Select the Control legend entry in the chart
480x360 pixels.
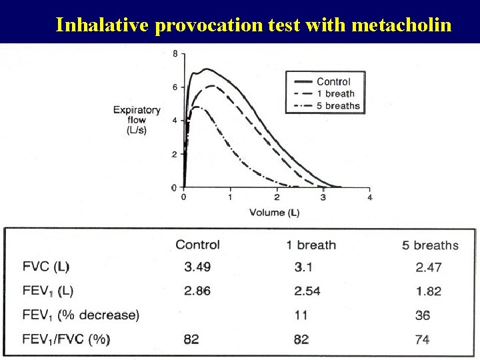333,81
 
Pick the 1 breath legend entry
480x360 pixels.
335,93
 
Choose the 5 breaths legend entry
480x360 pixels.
338,105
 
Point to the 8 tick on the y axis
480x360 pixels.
175,54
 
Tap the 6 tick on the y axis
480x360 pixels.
175,87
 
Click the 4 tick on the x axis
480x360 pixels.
370,197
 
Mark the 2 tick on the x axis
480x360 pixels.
277,197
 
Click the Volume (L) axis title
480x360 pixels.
274,213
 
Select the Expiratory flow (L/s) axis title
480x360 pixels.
137,120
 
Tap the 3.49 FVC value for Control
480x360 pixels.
197,267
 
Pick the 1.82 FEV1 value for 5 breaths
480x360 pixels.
428,291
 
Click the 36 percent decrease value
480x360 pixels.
422,315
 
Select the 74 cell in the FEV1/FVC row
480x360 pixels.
422,339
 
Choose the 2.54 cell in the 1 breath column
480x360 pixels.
308,291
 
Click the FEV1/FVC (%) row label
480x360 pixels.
65,339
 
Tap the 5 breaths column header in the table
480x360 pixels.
430,245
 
